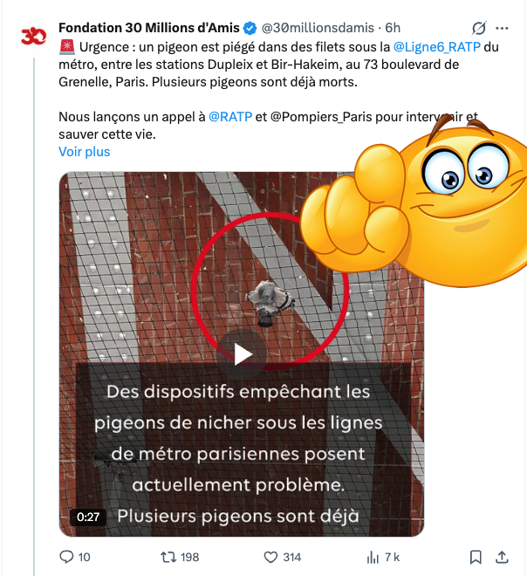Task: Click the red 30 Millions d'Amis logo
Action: [x=33, y=38]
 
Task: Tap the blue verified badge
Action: [x=249, y=27]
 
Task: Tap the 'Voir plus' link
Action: [x=84, y=151]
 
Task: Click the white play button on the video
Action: [x=242, y=353]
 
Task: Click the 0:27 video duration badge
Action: [x=88, y=517]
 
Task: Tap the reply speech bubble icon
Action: [x=66, y=557]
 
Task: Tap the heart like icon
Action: [x=270, y=557]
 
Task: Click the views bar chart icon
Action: [x=373, y=557]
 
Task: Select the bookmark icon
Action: [x=476, y=557]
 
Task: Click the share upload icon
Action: [x=502, y=557]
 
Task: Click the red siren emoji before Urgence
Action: [x=67, y=46]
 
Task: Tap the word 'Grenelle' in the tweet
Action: [x=89, y=82]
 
